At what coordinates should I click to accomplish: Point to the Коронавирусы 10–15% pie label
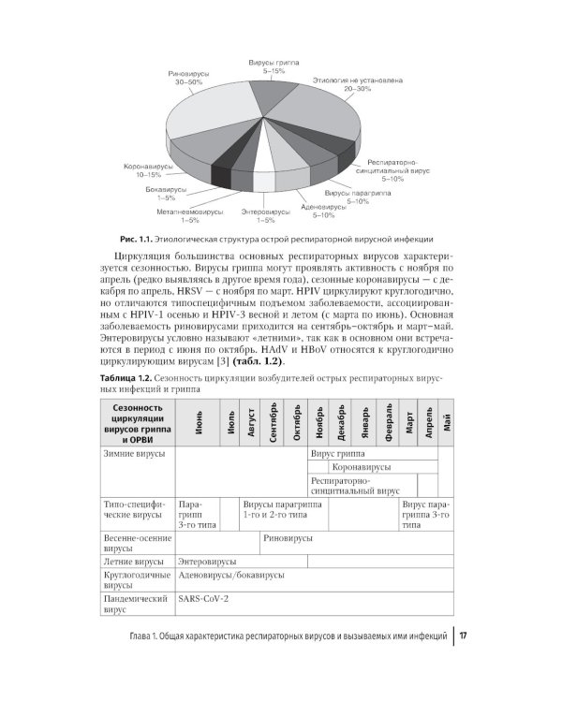coord(142,171)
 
